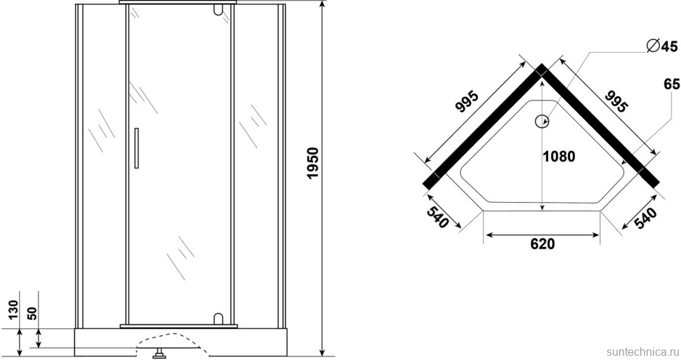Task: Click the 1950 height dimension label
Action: [x=312, y=163]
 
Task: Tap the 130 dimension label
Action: [x=13, y=309]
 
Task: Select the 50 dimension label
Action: [x=32, y=313]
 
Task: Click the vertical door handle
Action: [x=137, y=147]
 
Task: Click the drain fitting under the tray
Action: [x=159, y=353]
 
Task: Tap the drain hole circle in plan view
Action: [x=541, y=121]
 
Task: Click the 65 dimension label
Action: [x=671, y=84]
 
